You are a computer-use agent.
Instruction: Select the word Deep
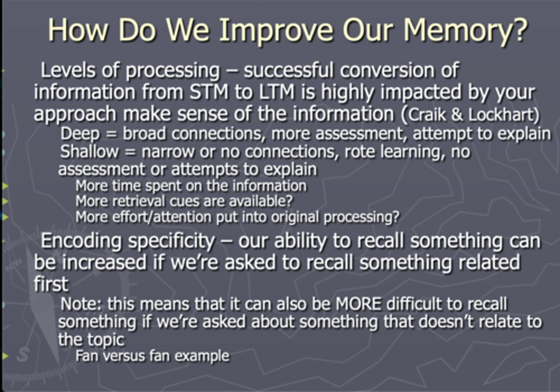click(80, 133)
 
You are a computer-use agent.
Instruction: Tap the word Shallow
click(89, 151)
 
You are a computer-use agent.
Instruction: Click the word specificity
click(171, 241)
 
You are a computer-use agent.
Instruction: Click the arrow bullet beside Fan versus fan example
click(5, 355)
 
